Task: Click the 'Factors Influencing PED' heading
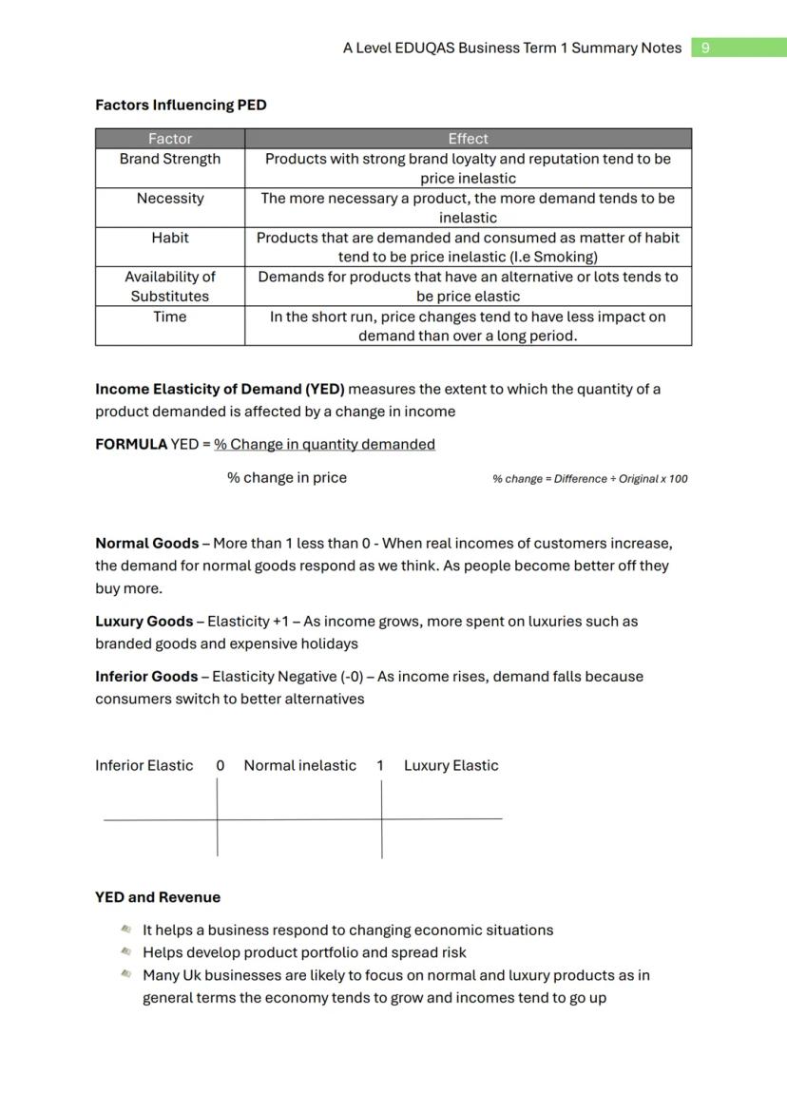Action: click(181, 105)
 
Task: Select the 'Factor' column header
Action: click(170, 139)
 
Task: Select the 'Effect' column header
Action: click(468, 139)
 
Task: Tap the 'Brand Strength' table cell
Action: click(170, 159)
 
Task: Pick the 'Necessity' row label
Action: click(170, 198)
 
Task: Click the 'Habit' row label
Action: click(170, 238)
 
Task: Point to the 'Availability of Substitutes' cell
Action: click(170, 286)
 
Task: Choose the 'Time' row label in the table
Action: click(170, 317)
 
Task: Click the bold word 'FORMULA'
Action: click(130, 444)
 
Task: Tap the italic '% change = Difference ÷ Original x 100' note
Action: click(589, 479)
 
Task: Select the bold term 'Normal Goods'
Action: click(146, 544)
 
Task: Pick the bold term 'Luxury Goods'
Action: click(144, 622)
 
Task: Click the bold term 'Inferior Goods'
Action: click(146, 677)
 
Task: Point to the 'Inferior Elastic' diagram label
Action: click(144, 766)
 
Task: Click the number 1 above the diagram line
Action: click(380, 766)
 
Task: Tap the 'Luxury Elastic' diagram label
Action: click(451, 766)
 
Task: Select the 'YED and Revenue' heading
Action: click(158, 897)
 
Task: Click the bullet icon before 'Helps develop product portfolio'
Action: click(125, 951)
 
